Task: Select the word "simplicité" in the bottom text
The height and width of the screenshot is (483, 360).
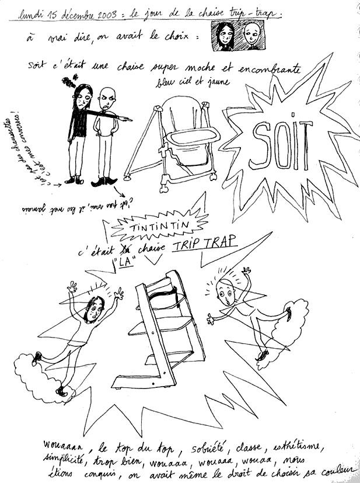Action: [64, 460]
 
